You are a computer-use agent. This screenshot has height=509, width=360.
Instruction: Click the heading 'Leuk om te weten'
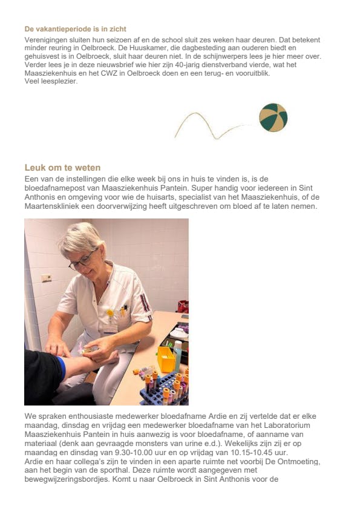coord(62,168)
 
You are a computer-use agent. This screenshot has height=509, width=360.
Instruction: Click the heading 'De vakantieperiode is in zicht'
coord(75,28)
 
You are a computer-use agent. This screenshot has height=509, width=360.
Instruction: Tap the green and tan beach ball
coord(273,117)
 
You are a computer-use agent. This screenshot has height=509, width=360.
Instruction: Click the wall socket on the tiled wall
coord(46,278)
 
